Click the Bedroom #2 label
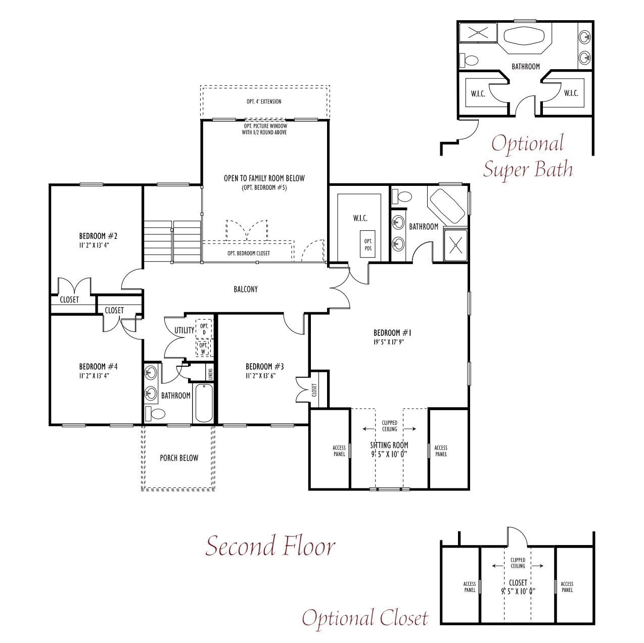click(x=98, y=236)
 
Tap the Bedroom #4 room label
click(x=98, y=366)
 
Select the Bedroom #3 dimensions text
click(x=261, y=376)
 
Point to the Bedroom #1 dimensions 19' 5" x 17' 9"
click(x=389, y=342)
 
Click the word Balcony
click(x=246, y=289)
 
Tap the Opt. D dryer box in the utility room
click(x=204, y=329)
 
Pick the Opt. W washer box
click(x=203, y=348)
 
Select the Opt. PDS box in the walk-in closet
click(x=367, y=244)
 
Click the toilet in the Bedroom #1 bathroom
click(x=402, y=195)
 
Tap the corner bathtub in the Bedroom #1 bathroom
click(x=447, y=207)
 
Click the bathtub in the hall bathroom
click(x=204, y=403)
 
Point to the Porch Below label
click(x=179, y=458)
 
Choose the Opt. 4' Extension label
click(x=264, y=102)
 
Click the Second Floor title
click(x=270, y=546)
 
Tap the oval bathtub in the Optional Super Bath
click(x=524, y=36)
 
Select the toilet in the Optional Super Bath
click(x=469, y=61)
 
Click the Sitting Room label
click(x=389, y=445)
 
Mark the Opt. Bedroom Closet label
click(x=249, y=253)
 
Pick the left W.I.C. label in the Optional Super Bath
click(x=478, y=94)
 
